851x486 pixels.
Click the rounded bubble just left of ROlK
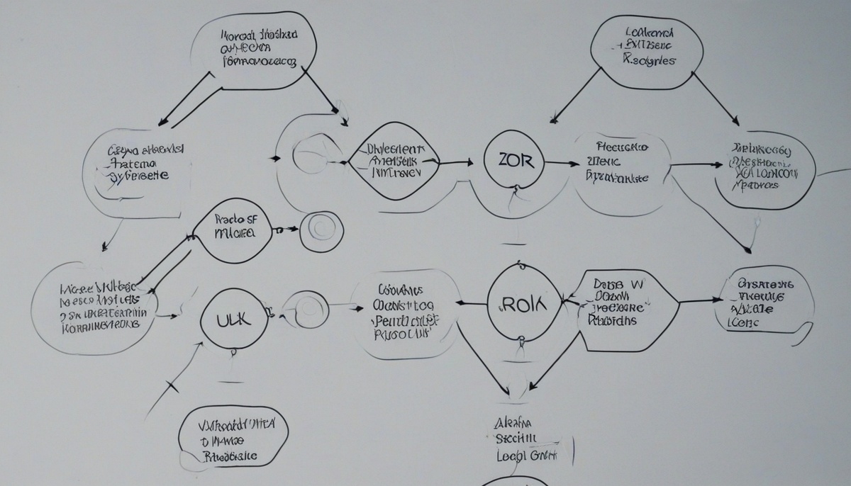tap(405, 314)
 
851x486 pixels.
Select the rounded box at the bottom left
tap(233, 436)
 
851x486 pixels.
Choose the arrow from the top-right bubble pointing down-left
tap(574, 96)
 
